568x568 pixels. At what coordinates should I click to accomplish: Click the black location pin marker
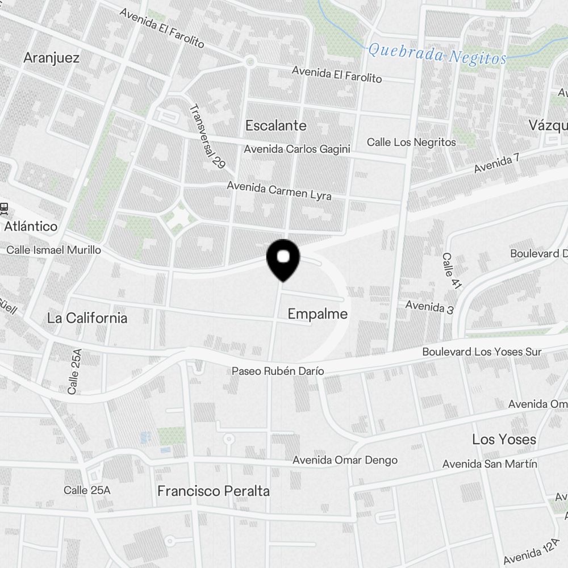point(283,259)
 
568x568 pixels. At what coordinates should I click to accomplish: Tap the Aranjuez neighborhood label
point(51,58)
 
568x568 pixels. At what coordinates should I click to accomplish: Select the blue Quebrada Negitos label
point(437,55)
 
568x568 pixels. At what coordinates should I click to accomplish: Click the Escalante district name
point(275,126)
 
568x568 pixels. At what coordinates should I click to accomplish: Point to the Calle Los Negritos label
point(411,142)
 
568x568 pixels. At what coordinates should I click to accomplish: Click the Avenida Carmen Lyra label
point(279,190)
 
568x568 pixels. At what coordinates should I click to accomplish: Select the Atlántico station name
point(31,227)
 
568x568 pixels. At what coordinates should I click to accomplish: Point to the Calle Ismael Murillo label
point(53,250)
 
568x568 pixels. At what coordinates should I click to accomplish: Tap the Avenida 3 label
point(429,307)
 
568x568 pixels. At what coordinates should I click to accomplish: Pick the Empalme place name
point(318,314)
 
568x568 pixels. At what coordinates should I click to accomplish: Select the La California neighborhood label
point(87,318)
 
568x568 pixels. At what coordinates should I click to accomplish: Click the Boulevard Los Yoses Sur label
point(482,352)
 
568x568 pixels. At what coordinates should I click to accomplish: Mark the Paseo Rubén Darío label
point(278,371)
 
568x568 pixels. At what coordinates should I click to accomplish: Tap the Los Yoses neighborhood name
point(504,439)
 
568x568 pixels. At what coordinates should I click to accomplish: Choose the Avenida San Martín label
point(490,464)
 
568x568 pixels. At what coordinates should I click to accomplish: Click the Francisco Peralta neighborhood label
point(214,491)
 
